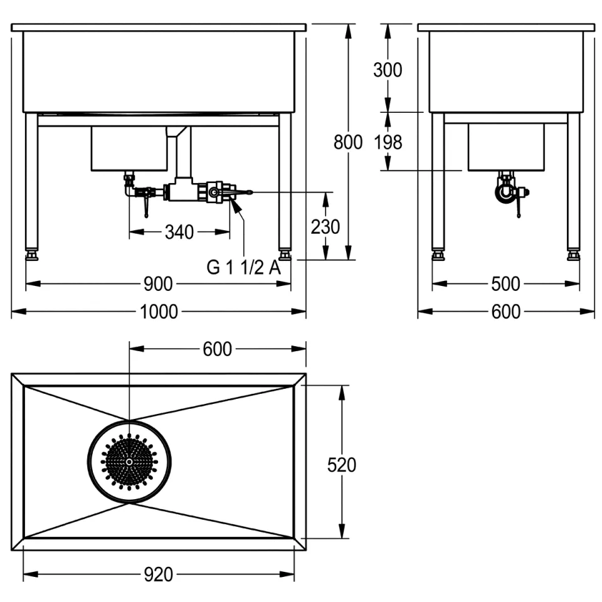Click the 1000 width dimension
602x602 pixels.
(x=159, y=312)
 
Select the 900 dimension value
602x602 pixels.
(x=158, y=284)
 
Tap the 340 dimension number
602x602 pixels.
(x=179, y=232)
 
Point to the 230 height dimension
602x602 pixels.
(x=325, y=226)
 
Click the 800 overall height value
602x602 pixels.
(x=348, y=142)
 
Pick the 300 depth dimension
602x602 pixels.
(x=388, y=70)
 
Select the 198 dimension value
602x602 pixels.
(x=388, y=142)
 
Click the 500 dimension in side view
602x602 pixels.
(x=505, y=284)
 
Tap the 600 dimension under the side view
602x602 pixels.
(x=505, y=312)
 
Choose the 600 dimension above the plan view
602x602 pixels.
(x=218, y=349)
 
